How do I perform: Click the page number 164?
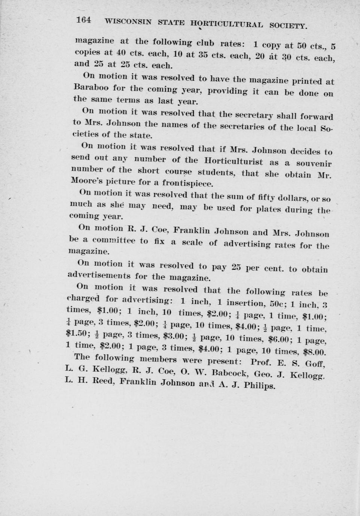[83, 20]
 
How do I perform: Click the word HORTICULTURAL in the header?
[226, 24]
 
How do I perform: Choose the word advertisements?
[99, 276]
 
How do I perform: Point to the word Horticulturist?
[234, 162]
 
